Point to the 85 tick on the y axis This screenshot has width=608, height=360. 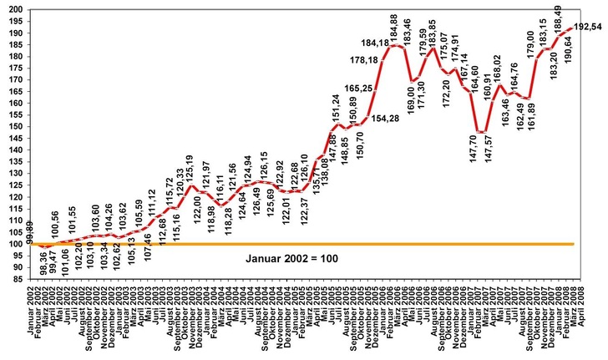pyautogui.click(x=14, y=280)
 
